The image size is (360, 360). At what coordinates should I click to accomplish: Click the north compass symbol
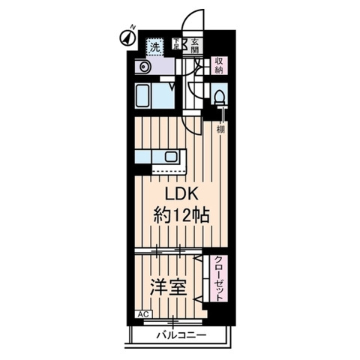pos(126,36)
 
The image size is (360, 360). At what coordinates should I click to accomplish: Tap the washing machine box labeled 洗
pos(154,46)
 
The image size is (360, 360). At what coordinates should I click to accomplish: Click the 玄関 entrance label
pos(194,46)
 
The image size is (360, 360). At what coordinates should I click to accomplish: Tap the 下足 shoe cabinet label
pos(177,45)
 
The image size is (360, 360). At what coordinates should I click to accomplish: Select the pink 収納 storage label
pos(218,64)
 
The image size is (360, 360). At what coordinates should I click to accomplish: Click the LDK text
pos(171,193)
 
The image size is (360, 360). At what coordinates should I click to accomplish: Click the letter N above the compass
pos(132,27)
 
